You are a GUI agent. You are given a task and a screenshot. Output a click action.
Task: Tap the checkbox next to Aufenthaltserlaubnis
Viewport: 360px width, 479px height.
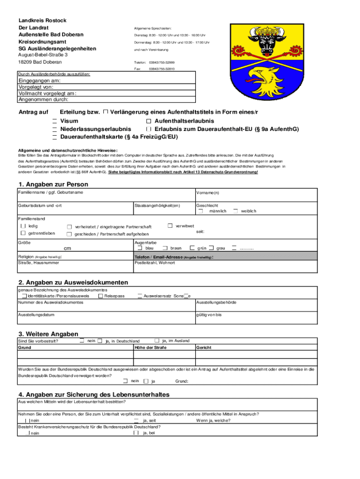click(x=149, y=121)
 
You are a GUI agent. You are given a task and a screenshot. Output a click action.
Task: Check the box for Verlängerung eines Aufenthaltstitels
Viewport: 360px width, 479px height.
click(x=106, y=112)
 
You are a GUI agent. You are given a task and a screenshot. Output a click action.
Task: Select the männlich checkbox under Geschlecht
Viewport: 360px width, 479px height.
click(x=200, y=211)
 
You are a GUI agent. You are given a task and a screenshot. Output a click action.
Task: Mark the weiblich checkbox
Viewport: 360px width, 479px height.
click(x=236, y=211)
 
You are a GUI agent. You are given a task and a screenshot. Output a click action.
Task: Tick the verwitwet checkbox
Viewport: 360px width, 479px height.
click(x=170, y=226)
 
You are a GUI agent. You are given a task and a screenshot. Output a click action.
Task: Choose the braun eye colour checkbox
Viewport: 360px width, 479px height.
click(x=166, y=248)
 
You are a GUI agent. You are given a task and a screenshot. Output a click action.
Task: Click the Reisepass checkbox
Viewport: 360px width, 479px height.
click(x=101, y=296)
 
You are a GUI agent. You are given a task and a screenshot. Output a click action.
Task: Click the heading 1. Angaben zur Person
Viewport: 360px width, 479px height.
click(x=53, y=184)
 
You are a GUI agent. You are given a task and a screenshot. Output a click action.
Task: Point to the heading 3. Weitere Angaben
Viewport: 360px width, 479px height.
click(x=48, y=334)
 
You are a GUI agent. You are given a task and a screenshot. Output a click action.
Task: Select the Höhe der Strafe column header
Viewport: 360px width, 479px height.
click(x=150, y=348)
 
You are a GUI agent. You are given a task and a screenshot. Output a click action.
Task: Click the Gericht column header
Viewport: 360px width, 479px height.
click(x=204, y=348)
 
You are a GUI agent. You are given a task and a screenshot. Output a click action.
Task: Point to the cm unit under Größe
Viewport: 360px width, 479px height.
click(x=67, y=248)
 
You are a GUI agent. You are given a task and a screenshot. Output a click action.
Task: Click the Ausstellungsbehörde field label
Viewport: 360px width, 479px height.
click(x=216, y=302)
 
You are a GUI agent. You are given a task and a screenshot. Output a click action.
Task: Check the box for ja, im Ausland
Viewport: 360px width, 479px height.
click(x=157, y=340)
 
